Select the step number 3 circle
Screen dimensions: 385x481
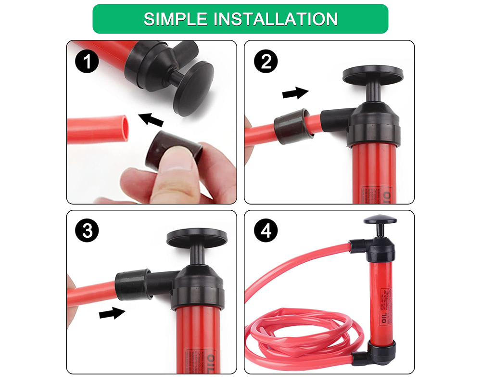click(87, 231)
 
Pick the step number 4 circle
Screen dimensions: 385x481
click(265, 231)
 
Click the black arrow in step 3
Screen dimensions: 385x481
click(112, 313)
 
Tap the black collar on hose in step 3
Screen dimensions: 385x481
click(132, 285)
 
